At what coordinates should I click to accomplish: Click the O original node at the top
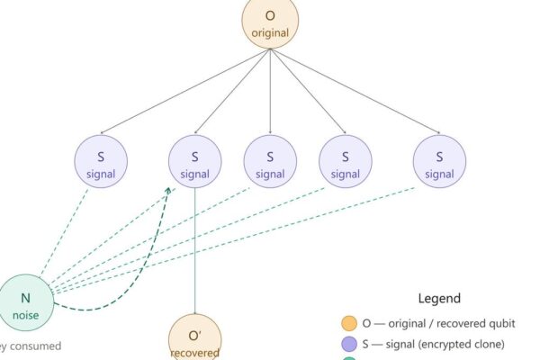270,22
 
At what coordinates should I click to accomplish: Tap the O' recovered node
194,337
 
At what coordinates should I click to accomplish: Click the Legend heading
439,299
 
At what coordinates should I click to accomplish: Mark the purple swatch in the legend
348,345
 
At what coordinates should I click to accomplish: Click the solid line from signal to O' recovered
194,252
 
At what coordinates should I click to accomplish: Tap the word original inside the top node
270,33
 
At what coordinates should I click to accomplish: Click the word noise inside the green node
27,315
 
